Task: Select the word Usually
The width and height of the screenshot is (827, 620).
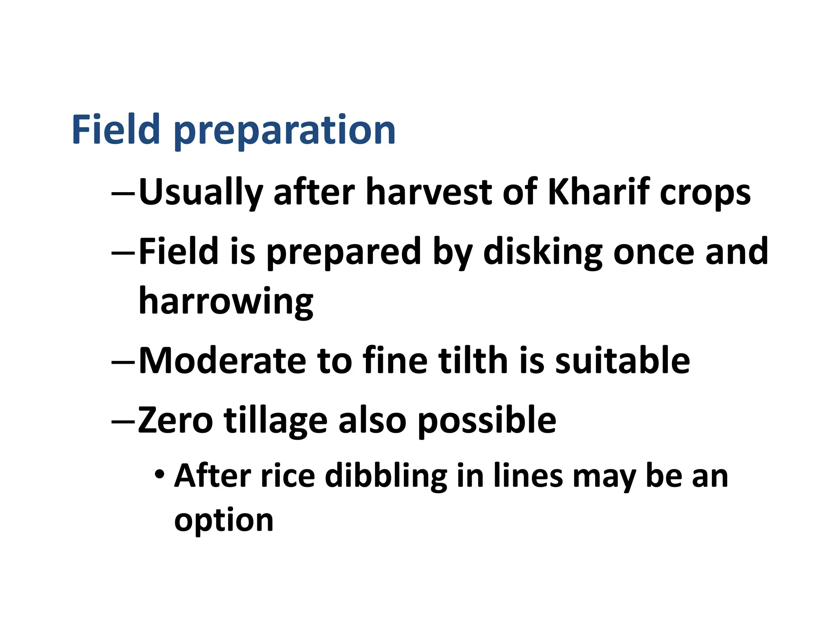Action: [201, 193]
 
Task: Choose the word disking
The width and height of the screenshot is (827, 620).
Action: [543, 252]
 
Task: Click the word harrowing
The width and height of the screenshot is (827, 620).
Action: [226, 302]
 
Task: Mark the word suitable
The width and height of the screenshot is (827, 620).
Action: [622, 360]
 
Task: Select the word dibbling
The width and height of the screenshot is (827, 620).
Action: [386, 476]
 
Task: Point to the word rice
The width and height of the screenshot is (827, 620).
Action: [288, 476]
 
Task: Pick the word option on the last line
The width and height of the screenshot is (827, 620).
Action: [224, 521]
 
